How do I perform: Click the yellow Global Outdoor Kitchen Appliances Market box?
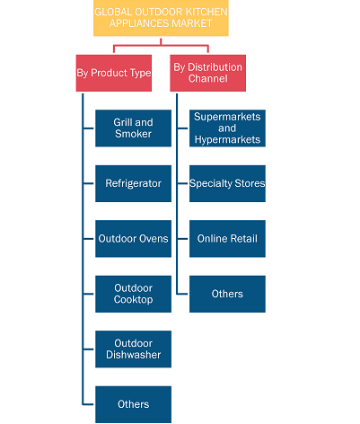161,18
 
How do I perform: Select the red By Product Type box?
114,73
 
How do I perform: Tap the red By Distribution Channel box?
208,73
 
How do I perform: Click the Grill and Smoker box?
133,128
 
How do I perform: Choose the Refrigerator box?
133,183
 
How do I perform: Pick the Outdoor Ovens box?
133,239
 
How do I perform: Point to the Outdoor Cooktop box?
133,294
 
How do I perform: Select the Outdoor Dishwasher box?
133,349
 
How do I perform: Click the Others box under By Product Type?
133,404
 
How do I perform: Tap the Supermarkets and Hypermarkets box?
227,128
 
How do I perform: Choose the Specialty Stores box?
227,183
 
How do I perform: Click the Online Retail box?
227,239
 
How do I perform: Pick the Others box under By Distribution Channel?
227,294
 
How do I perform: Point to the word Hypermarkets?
227,140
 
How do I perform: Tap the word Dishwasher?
133,355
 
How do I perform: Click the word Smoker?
133,134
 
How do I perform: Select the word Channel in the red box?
208,79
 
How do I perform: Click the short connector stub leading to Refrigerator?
89,183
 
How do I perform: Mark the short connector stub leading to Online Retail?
182,239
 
